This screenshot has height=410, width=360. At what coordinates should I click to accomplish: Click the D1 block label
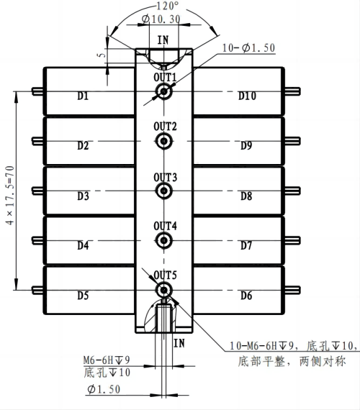(x=83, y=96)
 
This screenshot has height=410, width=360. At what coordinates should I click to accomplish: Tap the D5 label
(x=83, y=295)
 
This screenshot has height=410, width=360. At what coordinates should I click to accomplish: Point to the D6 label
(x=246, y=295)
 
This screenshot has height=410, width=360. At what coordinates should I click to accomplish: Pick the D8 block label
(x=246, y=196)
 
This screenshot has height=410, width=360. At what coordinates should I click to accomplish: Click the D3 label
(x=83, y=196)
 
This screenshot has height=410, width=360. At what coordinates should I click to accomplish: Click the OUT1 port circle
(x=164, y=91)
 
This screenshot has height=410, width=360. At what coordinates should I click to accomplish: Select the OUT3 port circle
(x=164, y=191)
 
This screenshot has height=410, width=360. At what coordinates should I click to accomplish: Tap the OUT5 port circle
(x=164, y=289)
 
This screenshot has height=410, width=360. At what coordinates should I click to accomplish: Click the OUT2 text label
(x=165, y=127)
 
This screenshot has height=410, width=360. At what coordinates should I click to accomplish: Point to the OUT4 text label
(x=165, y=226)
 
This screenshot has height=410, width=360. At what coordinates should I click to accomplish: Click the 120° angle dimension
(x=163, y=5)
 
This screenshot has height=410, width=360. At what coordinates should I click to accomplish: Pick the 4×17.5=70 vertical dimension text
(x=9, y=191)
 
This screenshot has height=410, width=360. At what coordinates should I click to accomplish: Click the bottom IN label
(x=179, y=344)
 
